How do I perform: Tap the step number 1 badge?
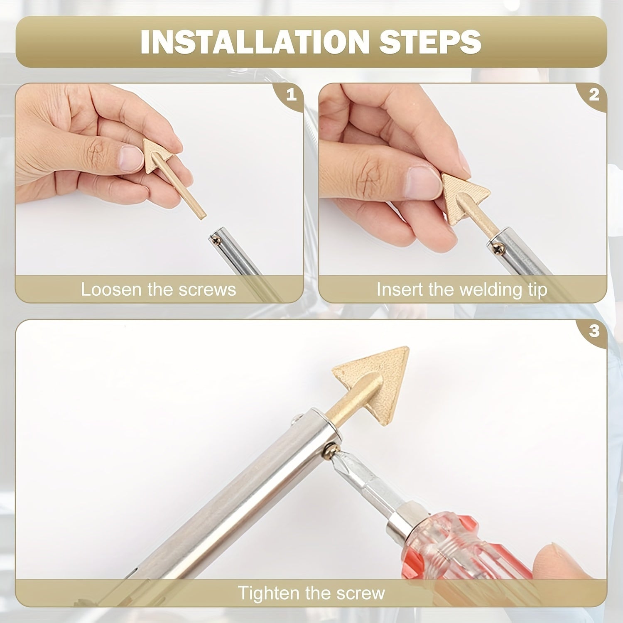tap(292, 95)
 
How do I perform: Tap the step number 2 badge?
tap(594, 95)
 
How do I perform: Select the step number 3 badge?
tap(594, 331)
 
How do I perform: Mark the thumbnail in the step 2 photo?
tap(422, 182)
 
